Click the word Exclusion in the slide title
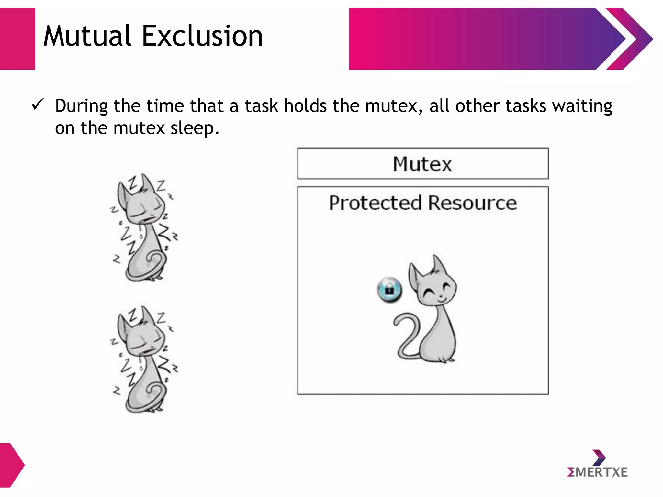coord(202,36)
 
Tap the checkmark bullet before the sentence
coord(38,105)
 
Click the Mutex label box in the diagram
coord(422,164)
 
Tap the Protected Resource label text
coord(422,203)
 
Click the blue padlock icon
coord(389,290)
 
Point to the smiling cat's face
coord(437,290)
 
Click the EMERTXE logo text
coord(597,472)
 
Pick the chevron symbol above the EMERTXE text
coord(599,457)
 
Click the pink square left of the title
coord(17,39)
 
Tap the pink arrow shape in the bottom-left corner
coord(11,465)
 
